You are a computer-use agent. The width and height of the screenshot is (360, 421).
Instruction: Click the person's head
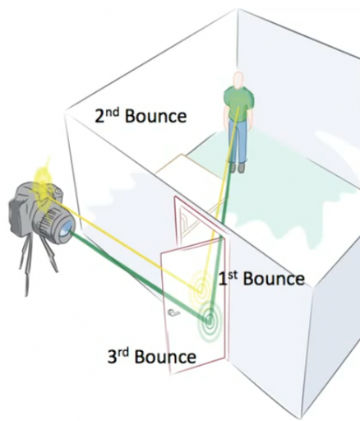point(238,80)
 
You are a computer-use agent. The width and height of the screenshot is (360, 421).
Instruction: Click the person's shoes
point(237,168)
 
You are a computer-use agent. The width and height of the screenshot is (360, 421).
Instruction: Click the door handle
point(173,312)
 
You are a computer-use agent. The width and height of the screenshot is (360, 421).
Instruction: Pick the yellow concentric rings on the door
point(201,289)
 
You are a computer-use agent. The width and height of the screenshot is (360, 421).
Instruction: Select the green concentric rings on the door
point(210,319)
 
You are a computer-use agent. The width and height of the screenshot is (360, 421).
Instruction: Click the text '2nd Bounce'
point(141,116)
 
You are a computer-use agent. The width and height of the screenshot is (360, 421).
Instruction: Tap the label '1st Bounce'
point(261,279)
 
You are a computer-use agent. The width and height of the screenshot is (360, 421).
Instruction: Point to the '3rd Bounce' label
point(152,356)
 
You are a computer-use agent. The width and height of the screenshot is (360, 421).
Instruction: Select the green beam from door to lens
point(140,275)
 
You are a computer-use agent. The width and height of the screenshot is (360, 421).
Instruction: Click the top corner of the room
point(238,9)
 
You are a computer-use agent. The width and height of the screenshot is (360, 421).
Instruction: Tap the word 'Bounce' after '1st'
point(274,279)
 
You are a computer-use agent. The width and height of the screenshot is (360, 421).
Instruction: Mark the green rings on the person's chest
point(238,103)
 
